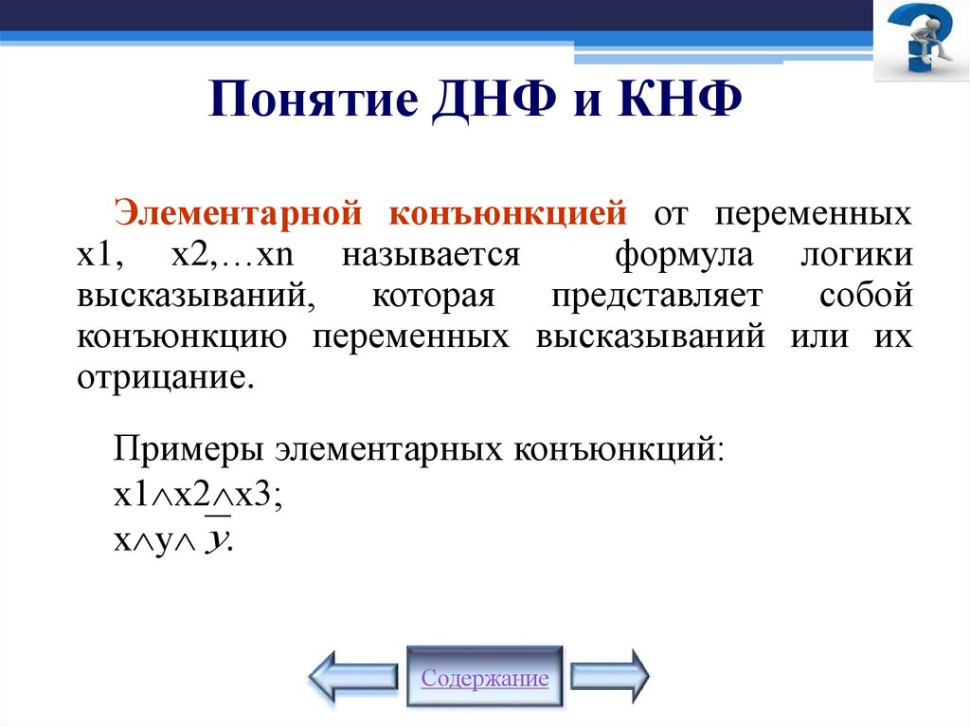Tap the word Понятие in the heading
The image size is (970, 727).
click(x=309, y=98)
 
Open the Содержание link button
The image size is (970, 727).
click(x=485, y=678)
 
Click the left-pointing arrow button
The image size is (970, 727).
click(x=353, y=676)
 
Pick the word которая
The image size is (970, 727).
click(x=433, y=296)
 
